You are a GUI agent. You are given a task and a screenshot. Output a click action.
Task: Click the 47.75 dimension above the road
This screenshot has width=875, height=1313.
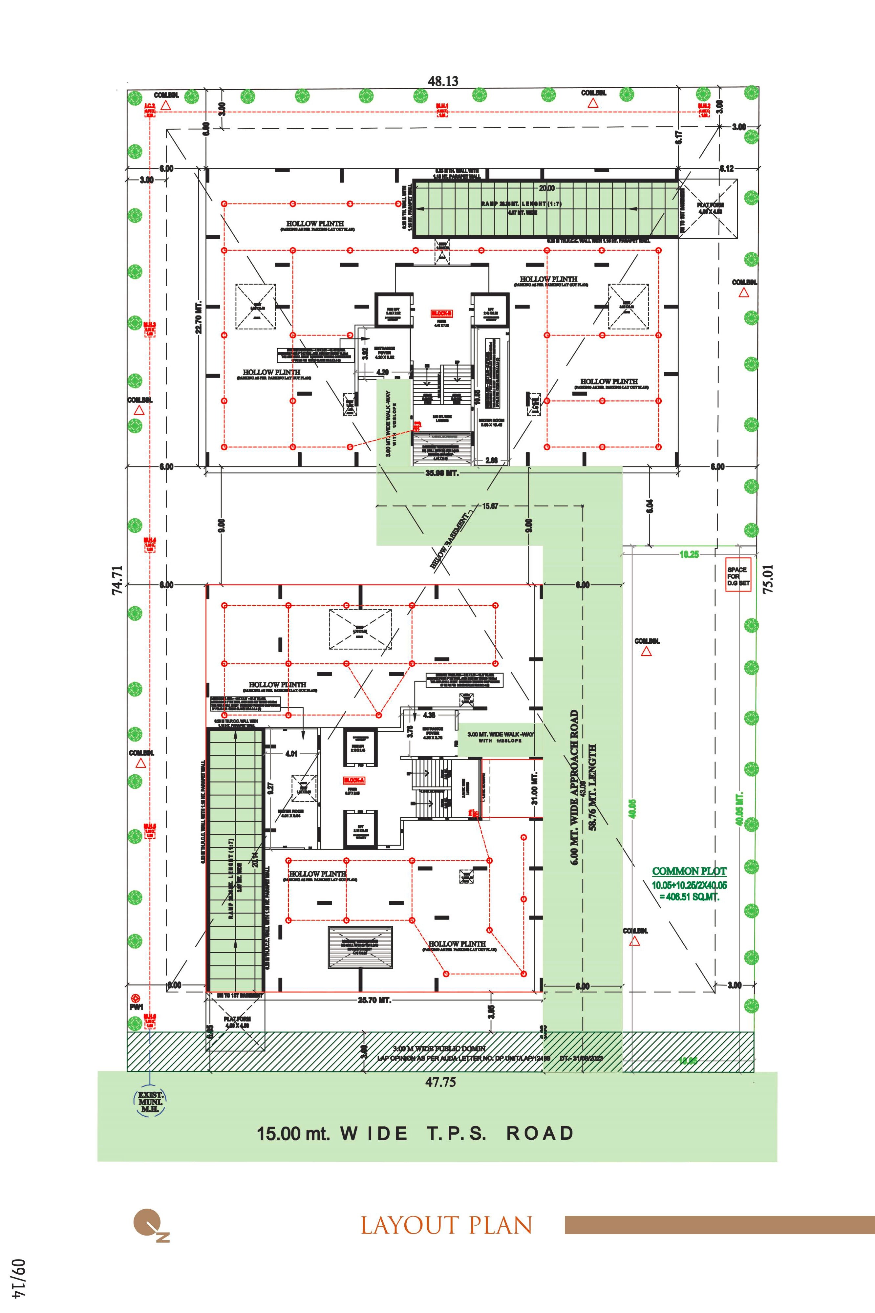tap(441, 1082)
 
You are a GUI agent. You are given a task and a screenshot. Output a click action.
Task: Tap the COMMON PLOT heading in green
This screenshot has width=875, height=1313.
tap(689, 871)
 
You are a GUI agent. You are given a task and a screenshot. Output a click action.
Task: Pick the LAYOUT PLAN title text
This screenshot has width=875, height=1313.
tap(446, 1225)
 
